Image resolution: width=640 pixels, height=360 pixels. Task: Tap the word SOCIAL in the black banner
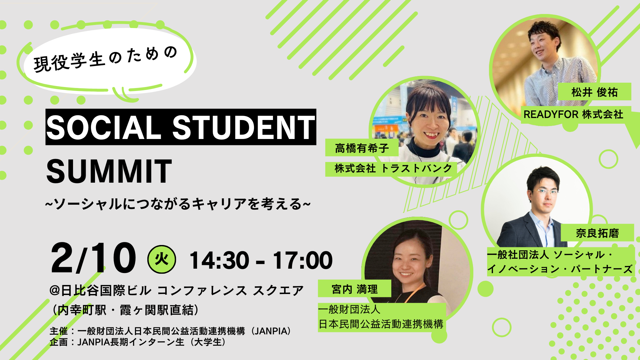pyautogui.click(x=104, y=127)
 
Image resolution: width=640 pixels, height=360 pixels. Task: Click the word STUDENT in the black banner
pyautogui.click(x=243, y=127)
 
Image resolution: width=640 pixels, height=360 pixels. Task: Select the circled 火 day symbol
pyautogui.click(x=162, y=259)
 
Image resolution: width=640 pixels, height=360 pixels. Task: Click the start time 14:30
pyautogui.click(x=219, y=260)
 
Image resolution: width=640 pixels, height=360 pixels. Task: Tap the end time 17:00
pyautogui.click(x=303, y=260)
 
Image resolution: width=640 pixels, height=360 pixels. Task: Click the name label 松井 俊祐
pyautogui.click(x=595, y=92)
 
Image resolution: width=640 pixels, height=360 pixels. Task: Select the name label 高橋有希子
pyautogui.click(x=362, y=148)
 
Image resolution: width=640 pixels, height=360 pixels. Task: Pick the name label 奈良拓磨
pyautogui.click(x=597, y=233)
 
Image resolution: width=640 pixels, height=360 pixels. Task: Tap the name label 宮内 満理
pyautogui.click(x=355, y=289)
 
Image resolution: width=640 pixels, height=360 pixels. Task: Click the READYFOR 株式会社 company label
pyautogui.click(x=573, y=114)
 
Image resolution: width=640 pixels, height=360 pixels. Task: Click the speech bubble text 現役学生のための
pyautogui.click(x=105, y=59)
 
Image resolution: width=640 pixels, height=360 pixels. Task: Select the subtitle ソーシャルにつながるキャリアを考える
pyautogui.click(x=178, y=204)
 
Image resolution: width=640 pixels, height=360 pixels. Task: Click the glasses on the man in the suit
pyautogui.click(x=545, y=192)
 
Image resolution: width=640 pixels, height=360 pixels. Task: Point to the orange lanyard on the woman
pyautogui.click(x=415, y=293)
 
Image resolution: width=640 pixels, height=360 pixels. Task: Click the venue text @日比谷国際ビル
pyautogui.click(x=100, y=290)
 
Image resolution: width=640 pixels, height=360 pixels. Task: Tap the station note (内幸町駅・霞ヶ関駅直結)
pyautogui.click(x=126, y=310)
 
